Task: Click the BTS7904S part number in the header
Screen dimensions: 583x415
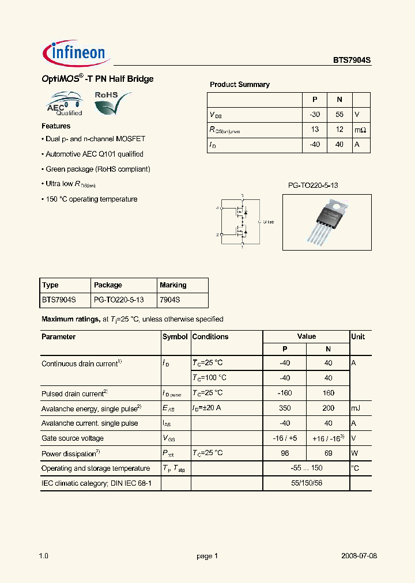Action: (x=352, y=59)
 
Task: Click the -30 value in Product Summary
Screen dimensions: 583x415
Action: (x=315, y=114)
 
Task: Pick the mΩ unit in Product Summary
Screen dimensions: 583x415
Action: (x=360, y=130)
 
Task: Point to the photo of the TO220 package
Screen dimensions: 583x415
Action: (x=327, y=222)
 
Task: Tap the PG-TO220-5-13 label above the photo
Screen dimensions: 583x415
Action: (x=313, y=185)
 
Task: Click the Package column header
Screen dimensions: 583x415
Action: (x=108, y=285)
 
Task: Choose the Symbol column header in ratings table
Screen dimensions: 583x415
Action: (x=175, y=337)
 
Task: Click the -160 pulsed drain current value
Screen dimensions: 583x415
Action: (x=284, y=393)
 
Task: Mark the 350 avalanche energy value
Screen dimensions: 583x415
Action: (x=284, y=408)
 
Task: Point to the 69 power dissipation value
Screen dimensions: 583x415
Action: (x=328, y=453)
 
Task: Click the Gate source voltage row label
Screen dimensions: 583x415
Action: (x=73, y=438)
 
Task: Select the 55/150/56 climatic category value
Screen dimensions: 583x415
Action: (x=306, y=483)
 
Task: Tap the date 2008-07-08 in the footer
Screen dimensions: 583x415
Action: (x=358, y=556)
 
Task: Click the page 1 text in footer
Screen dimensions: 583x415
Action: (x=207, y=556)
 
